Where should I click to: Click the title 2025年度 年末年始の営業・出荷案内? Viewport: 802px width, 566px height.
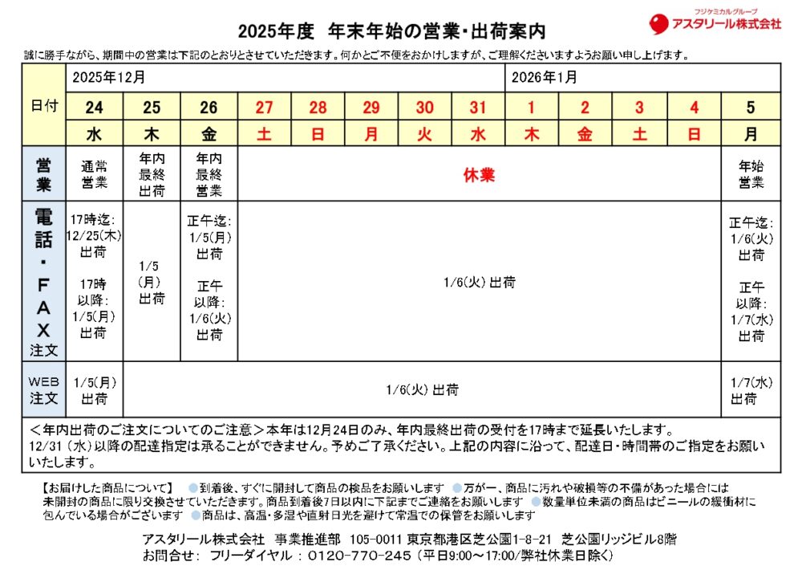pyautogui.click(x=391, y=32)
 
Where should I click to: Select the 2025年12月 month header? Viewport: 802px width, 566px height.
pyautogui.click(x=109, y=78)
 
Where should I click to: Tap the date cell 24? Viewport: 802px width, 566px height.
pyautogui.click(x=94, y=108)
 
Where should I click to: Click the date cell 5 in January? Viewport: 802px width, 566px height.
pyautogui.click(x=751, y=108)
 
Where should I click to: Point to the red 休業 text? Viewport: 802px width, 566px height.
pyautogui.click(x=479, y=176)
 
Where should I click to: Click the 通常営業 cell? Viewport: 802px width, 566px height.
pyautogui.click(x=94, y=174)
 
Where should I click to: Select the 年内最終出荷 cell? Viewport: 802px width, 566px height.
pyautogui.click(x=152, y=174)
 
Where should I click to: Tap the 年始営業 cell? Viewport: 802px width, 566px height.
pyautogui.click(x=751, y=174)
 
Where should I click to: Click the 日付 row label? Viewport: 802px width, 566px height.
pyautogui.click(x=44, y=106)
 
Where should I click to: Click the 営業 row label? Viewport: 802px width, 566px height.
pyautogui.click(x=44, y=174)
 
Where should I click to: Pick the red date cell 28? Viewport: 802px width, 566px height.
pyautogui.click(x=318, y=108)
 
